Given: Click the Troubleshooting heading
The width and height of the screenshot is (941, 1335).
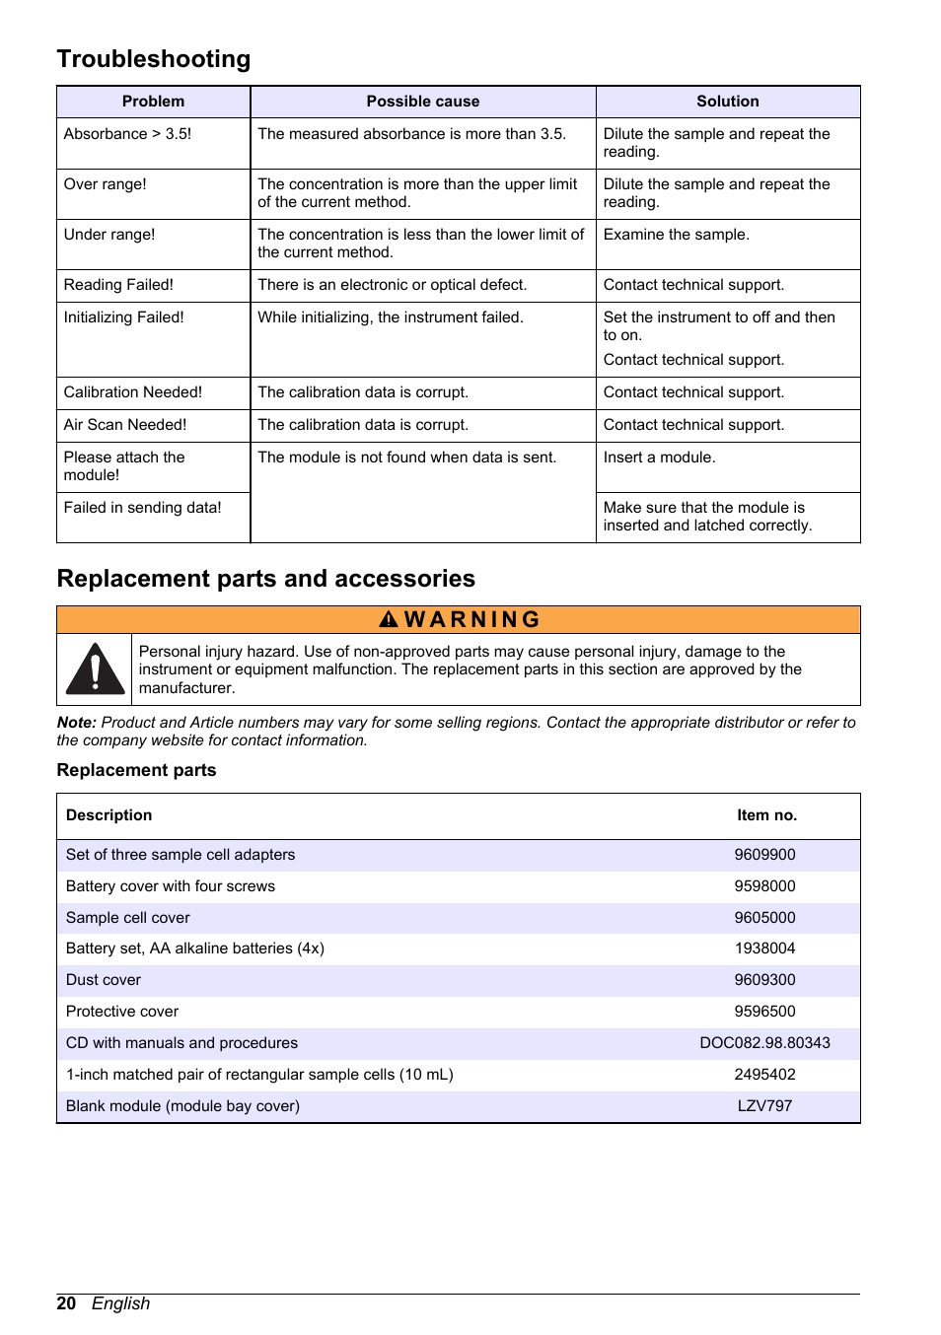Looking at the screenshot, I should click(154, 59).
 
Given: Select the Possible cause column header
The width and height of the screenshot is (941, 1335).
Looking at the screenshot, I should click(422, 102).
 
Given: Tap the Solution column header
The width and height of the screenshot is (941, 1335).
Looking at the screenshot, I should click(727, 102).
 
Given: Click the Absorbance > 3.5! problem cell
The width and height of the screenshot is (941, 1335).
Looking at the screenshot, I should click(127, 134).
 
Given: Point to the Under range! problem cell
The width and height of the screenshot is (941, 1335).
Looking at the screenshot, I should click(109, 235).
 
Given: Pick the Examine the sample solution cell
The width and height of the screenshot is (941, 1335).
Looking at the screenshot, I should click(676, 235).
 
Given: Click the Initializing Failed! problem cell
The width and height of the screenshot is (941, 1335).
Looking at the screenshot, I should click(123, 317).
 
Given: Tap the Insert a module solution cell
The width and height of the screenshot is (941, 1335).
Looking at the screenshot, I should click(659, 457).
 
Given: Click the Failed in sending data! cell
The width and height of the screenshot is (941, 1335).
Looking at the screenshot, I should click(142, 508).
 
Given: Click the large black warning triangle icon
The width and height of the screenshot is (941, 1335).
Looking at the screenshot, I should click(95, 669).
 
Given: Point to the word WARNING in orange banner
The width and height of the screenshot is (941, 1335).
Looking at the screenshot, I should click(471, 619).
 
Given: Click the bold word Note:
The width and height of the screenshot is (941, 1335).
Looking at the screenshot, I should click(76, 723).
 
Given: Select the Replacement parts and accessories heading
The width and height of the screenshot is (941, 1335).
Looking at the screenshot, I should click(265, 579).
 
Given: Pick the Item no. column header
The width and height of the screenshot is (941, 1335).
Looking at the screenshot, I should click(766, 815).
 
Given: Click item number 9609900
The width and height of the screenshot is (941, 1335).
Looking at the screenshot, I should click(764, 855).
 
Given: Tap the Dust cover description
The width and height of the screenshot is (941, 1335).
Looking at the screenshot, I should click(104, 980).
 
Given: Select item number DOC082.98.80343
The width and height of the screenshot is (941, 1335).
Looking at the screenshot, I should click(764, 1043).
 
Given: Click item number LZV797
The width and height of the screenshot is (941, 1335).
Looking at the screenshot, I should click(764, 1106).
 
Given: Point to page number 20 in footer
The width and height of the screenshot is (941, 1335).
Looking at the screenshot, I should click(66, 1303).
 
